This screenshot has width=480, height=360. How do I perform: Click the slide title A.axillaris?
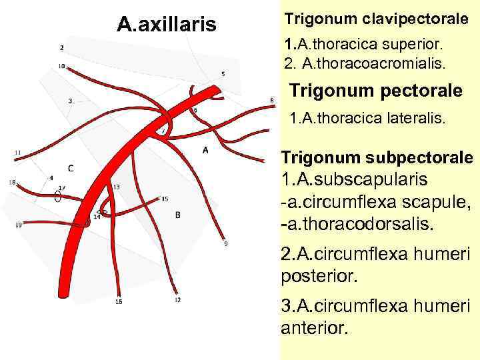point(166,25)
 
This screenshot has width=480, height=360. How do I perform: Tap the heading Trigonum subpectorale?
point(377,157)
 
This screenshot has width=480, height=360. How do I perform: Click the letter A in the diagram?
point(205,150)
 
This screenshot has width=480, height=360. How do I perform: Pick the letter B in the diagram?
point(177,214)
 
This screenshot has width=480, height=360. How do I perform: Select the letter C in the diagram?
point(71,167)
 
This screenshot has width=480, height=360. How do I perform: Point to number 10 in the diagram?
point(61,66)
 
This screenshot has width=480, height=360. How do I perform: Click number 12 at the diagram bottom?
point(177,301)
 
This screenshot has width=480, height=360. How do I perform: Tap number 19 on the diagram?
point(18,225)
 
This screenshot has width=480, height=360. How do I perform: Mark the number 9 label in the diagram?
point(225,244)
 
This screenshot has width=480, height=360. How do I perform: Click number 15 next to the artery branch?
point(165,199)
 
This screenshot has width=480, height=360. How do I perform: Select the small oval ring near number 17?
point(58,197)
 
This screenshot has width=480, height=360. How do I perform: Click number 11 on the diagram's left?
point(17,153)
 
